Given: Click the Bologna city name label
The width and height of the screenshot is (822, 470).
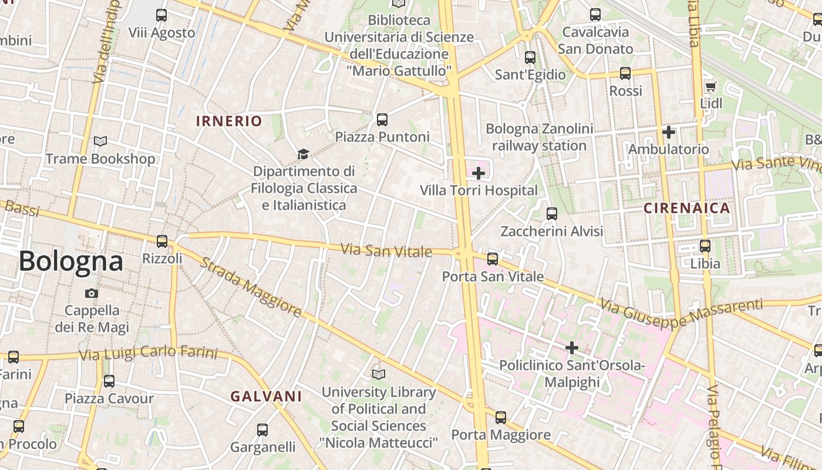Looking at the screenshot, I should coord(71,261).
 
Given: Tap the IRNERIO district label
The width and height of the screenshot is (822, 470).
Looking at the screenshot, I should coord(229,122).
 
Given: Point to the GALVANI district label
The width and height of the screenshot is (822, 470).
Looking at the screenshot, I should coord(266,397).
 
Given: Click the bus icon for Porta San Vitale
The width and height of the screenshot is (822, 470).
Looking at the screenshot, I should coord(493,258).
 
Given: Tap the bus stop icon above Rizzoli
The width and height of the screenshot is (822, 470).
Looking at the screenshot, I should coord(161,241).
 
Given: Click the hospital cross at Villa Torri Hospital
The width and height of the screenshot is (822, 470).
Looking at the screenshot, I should coord(479,173).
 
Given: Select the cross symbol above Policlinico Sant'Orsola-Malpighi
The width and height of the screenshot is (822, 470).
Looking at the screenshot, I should coord(572,348).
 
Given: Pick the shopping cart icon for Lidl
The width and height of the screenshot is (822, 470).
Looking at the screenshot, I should coord(710,87).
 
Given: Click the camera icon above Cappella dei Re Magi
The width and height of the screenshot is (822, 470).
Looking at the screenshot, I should coord(92,293).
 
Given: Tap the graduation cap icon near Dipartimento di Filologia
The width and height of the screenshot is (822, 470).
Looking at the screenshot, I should coord(303,154).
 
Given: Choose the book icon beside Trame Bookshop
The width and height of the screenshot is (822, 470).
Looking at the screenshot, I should coord(100,141).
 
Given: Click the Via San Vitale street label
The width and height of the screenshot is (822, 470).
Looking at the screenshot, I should coord(386,251).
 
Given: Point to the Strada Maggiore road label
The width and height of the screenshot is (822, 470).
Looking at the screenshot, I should coord(251,286).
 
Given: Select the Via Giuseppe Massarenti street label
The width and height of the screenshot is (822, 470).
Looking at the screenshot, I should coord(681,313).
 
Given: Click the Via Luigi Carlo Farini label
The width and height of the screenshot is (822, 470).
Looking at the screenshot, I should coord(148,354).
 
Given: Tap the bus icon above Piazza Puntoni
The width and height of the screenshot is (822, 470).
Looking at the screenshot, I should coord(382,120).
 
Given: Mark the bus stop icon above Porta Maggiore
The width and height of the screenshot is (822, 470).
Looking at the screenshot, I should coord(500,418).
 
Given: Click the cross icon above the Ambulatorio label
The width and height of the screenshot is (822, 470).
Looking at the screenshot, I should coord(668,132).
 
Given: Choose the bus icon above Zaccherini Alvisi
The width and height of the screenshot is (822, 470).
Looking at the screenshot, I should coord(552,214).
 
